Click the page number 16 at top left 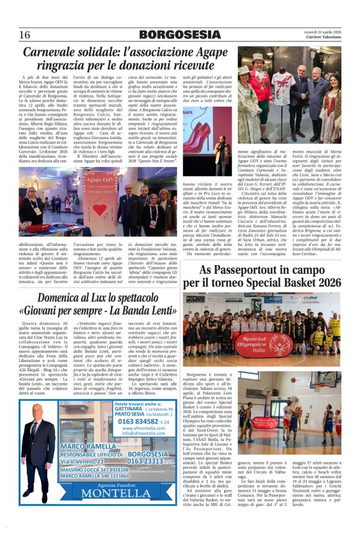coord(24,35)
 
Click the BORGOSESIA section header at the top coord(179,35)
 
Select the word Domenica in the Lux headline coord(63,298)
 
